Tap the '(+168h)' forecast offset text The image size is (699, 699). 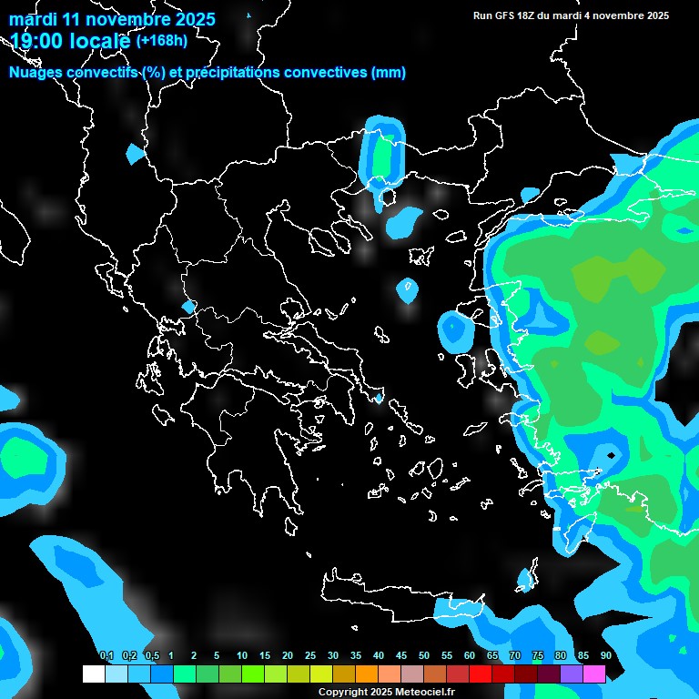pyautogui.click(x=161, y=40)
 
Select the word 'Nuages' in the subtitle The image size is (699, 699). pyautogui.click(x=37, y=73)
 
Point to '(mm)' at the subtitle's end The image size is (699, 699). pyautogui.click(x=389, y=73)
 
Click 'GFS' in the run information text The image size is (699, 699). pyautogui.click(x=515, y=15)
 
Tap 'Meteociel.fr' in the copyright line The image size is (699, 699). pyautogui.click(x=425, y=693)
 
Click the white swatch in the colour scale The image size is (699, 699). pyautogui.click(x=94, y=674)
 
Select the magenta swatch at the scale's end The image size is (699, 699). pyautogui.click(x=594, y=674)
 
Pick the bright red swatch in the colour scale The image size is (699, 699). pyautogui.click(x=481, y=674)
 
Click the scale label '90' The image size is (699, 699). pyautogui.click(x=605, y=656)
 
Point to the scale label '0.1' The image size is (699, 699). pyautogui.click(x=106, y=656)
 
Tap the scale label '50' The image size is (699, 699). pyautogui.click(x=424, y=656)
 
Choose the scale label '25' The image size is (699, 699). pyautogui.click(x=310, y=656)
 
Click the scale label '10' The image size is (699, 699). pyautogui.click(x=242, y=656)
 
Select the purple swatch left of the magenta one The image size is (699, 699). pyautogui.click(x=572, y=674)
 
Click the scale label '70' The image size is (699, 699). pyautogui.click(x=515, y=656)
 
